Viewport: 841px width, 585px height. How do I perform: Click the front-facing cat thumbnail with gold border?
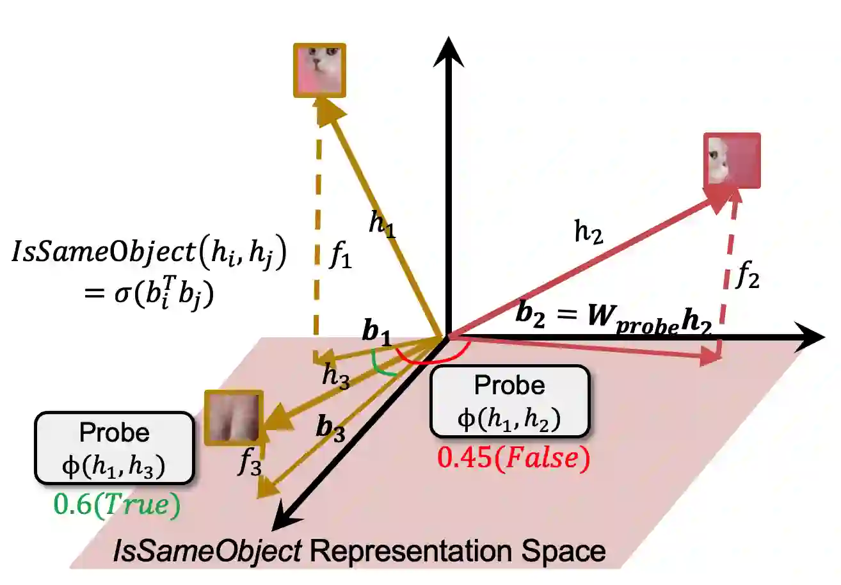[319, 70]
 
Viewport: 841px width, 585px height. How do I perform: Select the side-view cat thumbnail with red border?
[732, 160]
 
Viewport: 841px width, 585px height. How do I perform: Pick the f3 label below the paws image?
[249, 463]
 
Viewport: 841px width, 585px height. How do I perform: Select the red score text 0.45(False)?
[511, 460]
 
